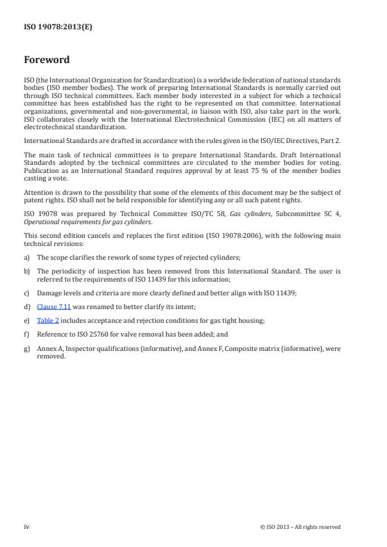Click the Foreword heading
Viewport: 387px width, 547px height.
click(x=46, y=61)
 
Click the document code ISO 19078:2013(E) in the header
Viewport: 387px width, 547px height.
click(x=58, y=27)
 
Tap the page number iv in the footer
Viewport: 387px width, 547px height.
click(x=27, y=526)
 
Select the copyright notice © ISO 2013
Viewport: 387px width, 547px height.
click(x=300, y=527)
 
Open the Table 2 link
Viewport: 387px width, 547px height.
click(x=48, y=320)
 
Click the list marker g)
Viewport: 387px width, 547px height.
click(x=27, y=348)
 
